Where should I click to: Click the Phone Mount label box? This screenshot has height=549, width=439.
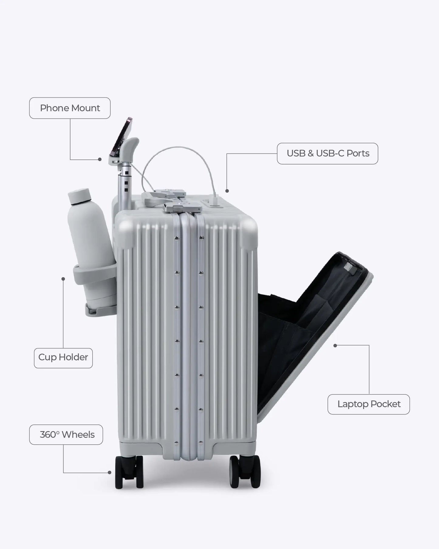70,108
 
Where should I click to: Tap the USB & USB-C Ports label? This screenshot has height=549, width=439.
328,154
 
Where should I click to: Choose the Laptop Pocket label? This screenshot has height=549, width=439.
369,404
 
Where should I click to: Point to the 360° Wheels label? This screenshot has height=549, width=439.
66,435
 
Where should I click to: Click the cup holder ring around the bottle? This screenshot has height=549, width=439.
94,270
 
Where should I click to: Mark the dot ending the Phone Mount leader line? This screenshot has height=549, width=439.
100,159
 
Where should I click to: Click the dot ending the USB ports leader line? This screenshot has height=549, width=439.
227,191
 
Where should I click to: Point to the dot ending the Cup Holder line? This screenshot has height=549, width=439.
63,279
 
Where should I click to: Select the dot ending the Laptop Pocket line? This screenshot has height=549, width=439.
335,345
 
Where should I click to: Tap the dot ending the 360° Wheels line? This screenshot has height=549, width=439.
109,472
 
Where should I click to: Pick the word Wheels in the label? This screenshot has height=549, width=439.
78,435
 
